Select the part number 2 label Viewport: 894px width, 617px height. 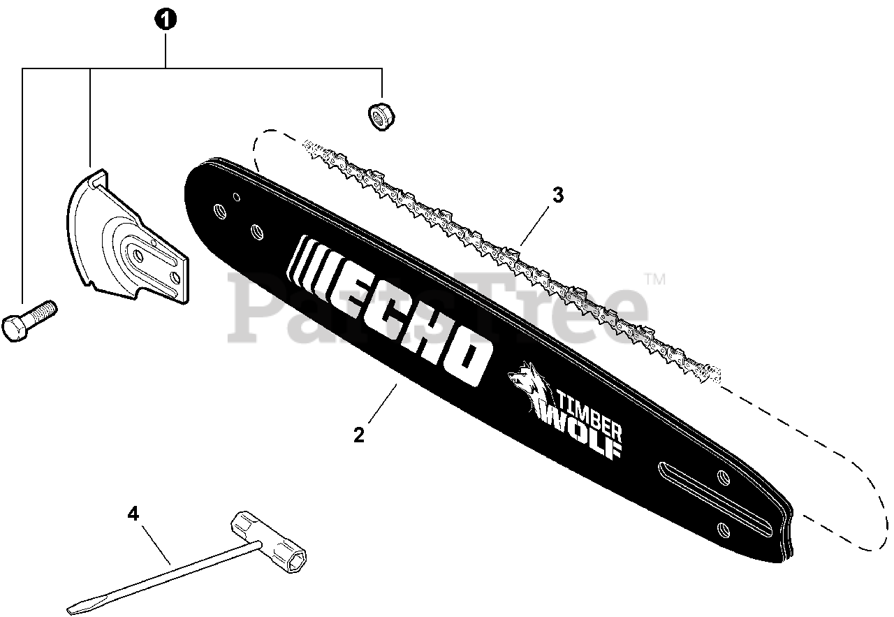tap(359, 435)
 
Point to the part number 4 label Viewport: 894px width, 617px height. tap(133, 514)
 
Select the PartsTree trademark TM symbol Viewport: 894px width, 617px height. tap(654, 280)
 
